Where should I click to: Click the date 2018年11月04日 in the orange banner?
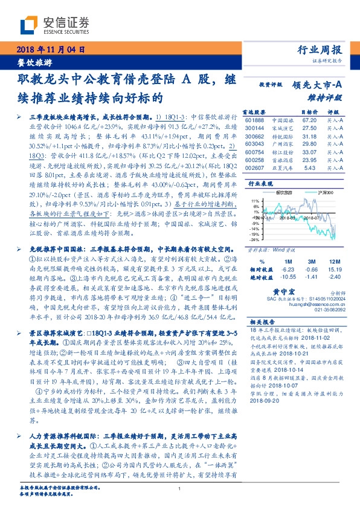50,50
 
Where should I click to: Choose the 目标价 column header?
309,112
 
